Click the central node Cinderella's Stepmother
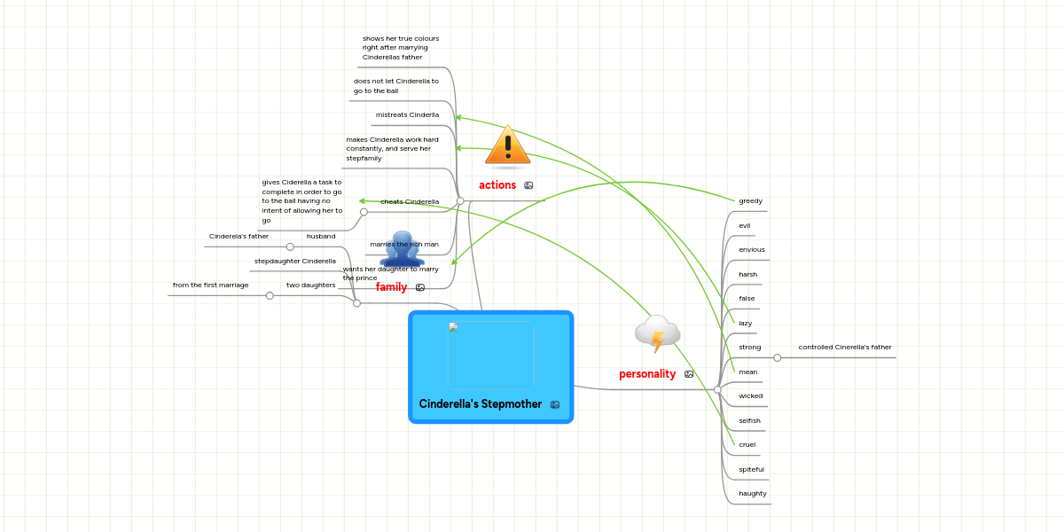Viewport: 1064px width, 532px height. [x=490, y=367]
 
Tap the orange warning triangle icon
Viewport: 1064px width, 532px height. [x=508, y=146]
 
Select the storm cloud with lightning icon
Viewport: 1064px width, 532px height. [x=657, y=333]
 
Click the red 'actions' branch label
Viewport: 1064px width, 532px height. [x=497, y=185]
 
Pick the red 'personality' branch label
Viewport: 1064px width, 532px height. [x=647, y=374]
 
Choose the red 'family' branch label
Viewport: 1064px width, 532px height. [x=391, y=287]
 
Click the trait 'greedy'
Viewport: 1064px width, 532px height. [x=750, y=201]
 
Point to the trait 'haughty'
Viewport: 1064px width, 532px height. [x=752, y=494]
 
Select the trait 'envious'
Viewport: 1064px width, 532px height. [x=751, y=250]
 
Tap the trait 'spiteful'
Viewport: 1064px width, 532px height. [x=751, y=469]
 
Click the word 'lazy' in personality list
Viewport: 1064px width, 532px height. [x=746, y=324]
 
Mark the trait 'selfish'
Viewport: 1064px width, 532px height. [x=749, y=420]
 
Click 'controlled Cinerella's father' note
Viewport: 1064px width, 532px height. [x=844, y=348]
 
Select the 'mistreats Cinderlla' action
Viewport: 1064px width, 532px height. [x=407, y=115]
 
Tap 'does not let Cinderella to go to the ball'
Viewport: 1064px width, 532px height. [x=395, y=86]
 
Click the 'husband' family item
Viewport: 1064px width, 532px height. [x=321, y=237]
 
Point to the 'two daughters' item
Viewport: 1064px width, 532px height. [x=310, y=286]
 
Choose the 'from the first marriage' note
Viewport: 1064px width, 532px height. [x=210, y=286]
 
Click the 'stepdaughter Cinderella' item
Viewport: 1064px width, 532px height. [x=294, y=262]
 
